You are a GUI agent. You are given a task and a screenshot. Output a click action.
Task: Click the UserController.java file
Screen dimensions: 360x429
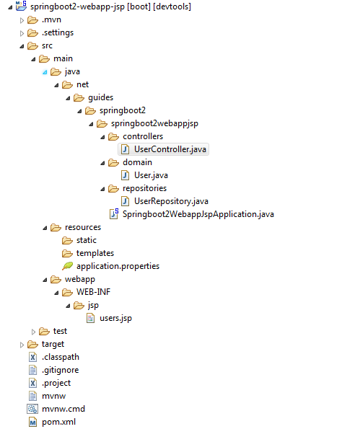(170, 149)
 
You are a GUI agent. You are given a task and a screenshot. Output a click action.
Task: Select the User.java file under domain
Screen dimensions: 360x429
(151, 175)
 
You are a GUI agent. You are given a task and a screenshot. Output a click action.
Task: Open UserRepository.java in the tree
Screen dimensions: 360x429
(171, 201)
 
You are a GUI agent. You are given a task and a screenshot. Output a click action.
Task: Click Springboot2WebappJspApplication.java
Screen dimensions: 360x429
(198, 214)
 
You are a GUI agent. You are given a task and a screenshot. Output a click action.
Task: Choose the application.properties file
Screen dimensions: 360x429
(118, 266)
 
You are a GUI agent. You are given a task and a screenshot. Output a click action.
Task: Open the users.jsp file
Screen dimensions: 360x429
(115, 318)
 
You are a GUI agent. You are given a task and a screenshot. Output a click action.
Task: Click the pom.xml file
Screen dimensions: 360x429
(58, 422)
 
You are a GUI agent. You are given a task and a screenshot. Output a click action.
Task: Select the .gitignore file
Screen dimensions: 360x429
(60, 370)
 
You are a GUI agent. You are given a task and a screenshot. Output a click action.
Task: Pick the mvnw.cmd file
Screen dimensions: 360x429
(63, 409)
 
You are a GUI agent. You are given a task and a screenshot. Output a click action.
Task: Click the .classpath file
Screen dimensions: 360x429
(60, 357)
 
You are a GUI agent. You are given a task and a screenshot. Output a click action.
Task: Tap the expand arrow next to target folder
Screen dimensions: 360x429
(22, 345)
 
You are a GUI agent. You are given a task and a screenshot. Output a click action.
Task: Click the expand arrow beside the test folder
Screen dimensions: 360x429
(33, 332)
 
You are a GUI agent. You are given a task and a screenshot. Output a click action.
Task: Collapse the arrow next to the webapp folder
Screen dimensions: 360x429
(45, 280)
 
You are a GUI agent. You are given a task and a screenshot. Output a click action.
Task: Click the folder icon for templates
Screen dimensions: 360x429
(67, 254)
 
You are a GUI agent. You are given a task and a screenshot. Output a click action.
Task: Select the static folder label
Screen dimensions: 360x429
(87, 240)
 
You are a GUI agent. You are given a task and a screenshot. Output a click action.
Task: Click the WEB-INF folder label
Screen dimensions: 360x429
(93, 292)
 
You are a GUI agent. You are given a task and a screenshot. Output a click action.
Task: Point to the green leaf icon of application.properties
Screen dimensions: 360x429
(67, 266)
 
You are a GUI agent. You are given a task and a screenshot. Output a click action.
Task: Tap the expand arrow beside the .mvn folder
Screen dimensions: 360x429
(22, 20)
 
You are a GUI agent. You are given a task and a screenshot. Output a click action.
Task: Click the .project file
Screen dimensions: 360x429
(56, 383)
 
